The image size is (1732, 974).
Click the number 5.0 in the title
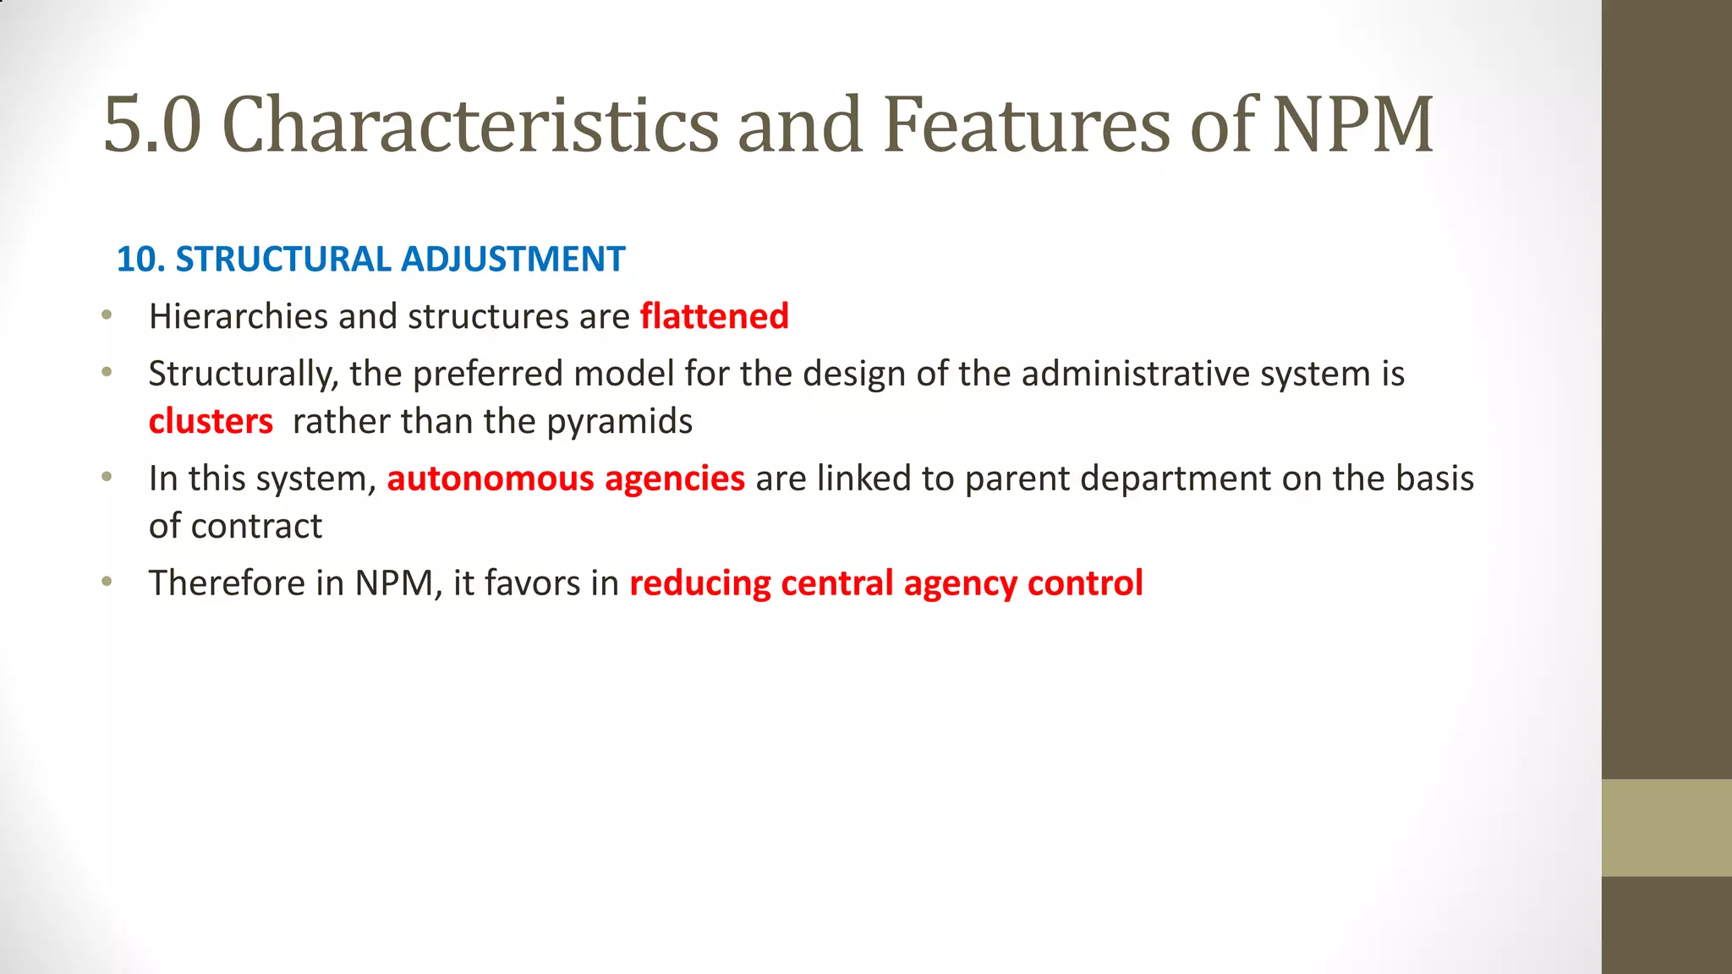[x=152, y=125]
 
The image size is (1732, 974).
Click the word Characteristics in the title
[x=469, y=125]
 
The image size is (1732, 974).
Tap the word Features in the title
[x=1028, y=125]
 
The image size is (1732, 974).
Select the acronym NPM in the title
[x=1353, y=125]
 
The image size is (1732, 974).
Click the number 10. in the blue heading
[x=140, y=260]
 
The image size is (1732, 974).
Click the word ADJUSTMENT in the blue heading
[x=512, y=260]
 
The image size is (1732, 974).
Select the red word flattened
[x=715, y=317]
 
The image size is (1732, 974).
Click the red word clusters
[x=211, y=421]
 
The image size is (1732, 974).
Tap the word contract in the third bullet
[x=256, y=527]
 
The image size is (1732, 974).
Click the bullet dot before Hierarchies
[x=107, y=315]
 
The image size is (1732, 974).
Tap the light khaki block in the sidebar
[x=1666, y=828]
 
